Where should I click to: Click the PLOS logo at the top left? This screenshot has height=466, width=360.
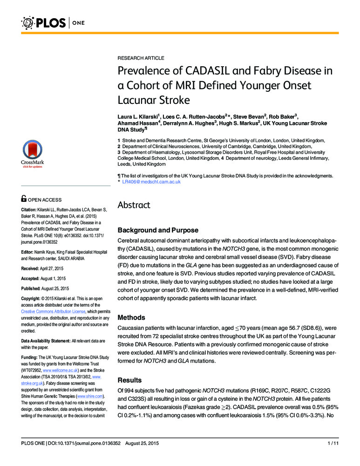[44, 22]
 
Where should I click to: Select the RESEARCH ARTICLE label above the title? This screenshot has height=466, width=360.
[140, 58]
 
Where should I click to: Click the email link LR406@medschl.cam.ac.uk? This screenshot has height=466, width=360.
[151, 182]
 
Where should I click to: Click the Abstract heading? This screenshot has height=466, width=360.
[134, 205]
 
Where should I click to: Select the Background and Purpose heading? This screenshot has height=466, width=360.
[158, 230]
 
